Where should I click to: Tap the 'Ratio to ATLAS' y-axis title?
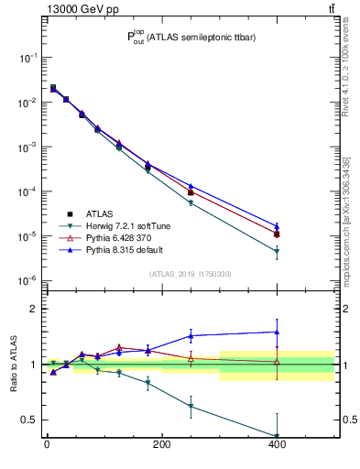click(12, 364)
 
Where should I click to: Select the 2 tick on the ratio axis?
click(33, 309)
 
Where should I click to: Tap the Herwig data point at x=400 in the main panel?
click(277, 252)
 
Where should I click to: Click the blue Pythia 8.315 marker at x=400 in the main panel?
click(277, 225)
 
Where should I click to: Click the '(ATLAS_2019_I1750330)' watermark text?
click(190, 273)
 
